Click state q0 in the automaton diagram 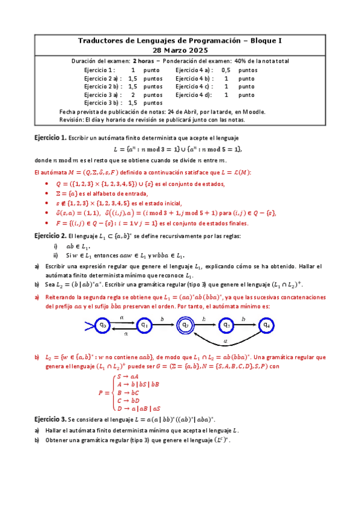click(103, 325)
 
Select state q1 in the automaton click(144, 325)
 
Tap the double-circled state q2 click(185, 325)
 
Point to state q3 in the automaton click(227, 325)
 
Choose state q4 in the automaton click(267, 325)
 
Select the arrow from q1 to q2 click(164, 325)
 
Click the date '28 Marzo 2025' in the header click(180, 51)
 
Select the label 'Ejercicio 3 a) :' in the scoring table click(103, 95)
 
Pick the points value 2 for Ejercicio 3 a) click(133, 95)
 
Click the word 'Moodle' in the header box click(254, 112)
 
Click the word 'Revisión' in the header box click(72, 120)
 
